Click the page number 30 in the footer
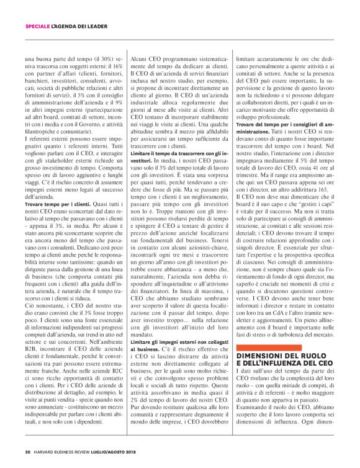click(28, 451)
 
